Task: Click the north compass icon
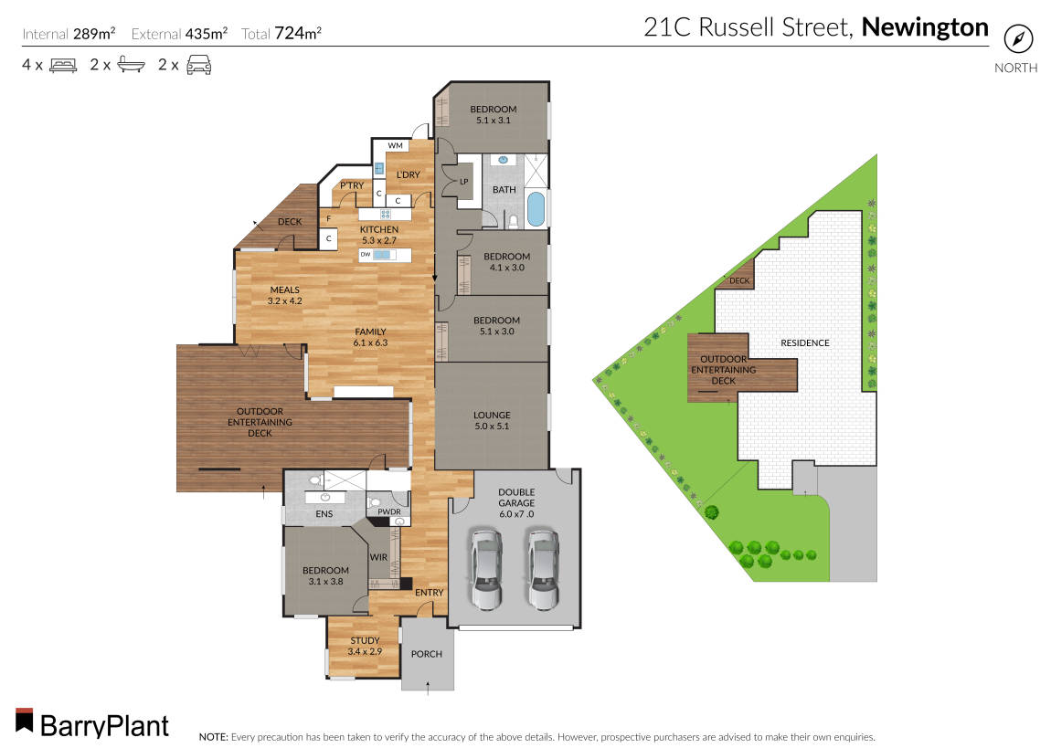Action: click(x=1016, y=39)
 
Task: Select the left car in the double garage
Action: click(x=486, y=569)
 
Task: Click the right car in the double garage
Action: click(x=542, y=569)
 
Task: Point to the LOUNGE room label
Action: click(x=493, y=415)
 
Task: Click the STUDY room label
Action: click(x=365, y=640)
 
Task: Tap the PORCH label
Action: click(x=427, y=654)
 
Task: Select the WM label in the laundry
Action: click(x=395, y=145)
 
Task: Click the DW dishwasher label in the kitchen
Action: click(x=365, y=255)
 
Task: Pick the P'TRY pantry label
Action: click(x=352, y=186)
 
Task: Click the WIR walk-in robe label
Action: click(x=379, y=556)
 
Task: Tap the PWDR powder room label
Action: click(x=389, y=512)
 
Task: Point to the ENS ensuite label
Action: click(x=324, y=514)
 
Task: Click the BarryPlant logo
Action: click(x=92, y=725)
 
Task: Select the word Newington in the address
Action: click(x=925, y=27)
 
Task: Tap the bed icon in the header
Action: click(x=62, y=65)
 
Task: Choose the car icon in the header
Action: click(x=198, y=65)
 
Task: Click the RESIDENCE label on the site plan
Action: click(x=805, y=343)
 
